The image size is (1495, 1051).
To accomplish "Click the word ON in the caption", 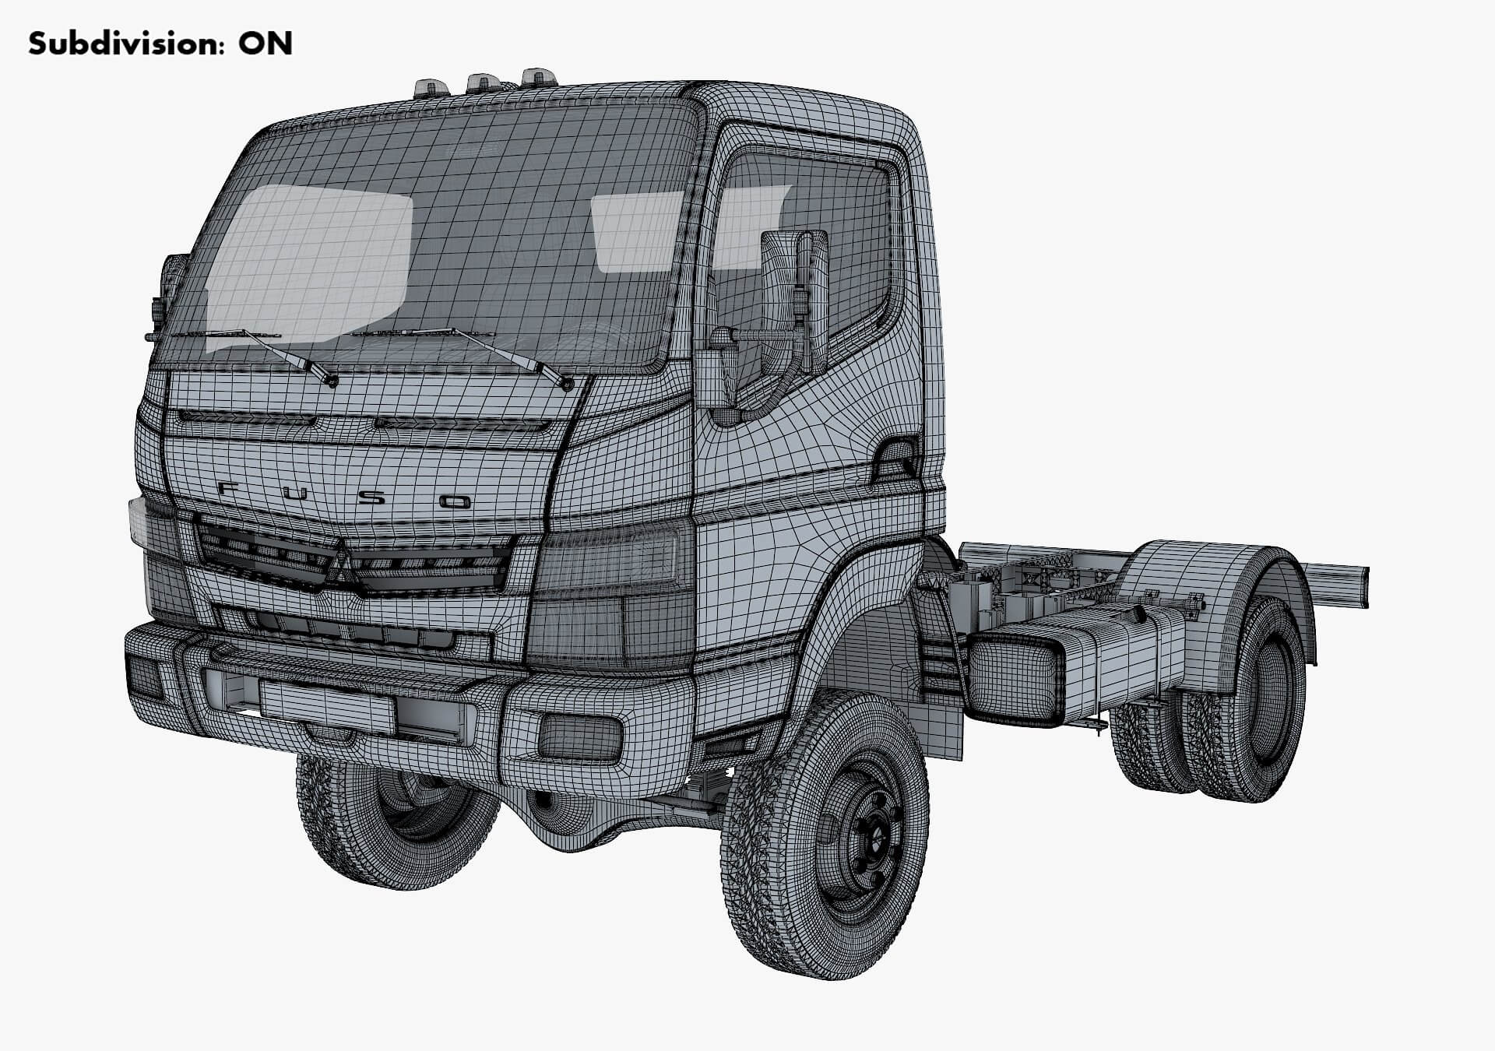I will (x=266, y=44).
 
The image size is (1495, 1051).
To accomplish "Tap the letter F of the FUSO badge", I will (x=230, y=490).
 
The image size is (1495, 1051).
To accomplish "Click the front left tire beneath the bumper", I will (x=397, y=825).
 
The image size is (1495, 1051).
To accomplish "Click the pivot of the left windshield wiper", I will (x=333, y=381).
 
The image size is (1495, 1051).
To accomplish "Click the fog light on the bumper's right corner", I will (x=579, y=736).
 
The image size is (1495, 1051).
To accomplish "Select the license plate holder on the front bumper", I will (x=327, y=705).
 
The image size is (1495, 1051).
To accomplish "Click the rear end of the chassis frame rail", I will (x=1359, y=585).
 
